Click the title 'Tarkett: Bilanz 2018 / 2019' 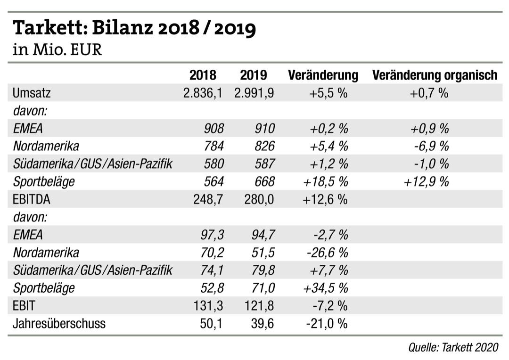pyautogui.click(x=134, y=29)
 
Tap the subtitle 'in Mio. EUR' pyautogui.click(x=57, y=49)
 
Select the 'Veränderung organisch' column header pyautogui.click(x=435, y=75)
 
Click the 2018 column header pyautogui.click(x=203, y=75)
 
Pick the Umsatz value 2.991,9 pyautogui.click(x=254, y=93)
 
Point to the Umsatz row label pyautogui.click(x=32, y=93)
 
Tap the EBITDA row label pyautogui.click(x=32, y=199)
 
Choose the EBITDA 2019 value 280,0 pyautogui.click(x=259, y=199)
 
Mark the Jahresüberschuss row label pyautogui.click(x=59, y=324)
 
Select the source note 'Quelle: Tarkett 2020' pyautogui.click(x=453, y=347)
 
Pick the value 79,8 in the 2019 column pyautogui.click(x=262, y=270)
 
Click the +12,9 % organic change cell pyautogui.click(x=427, y=181)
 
